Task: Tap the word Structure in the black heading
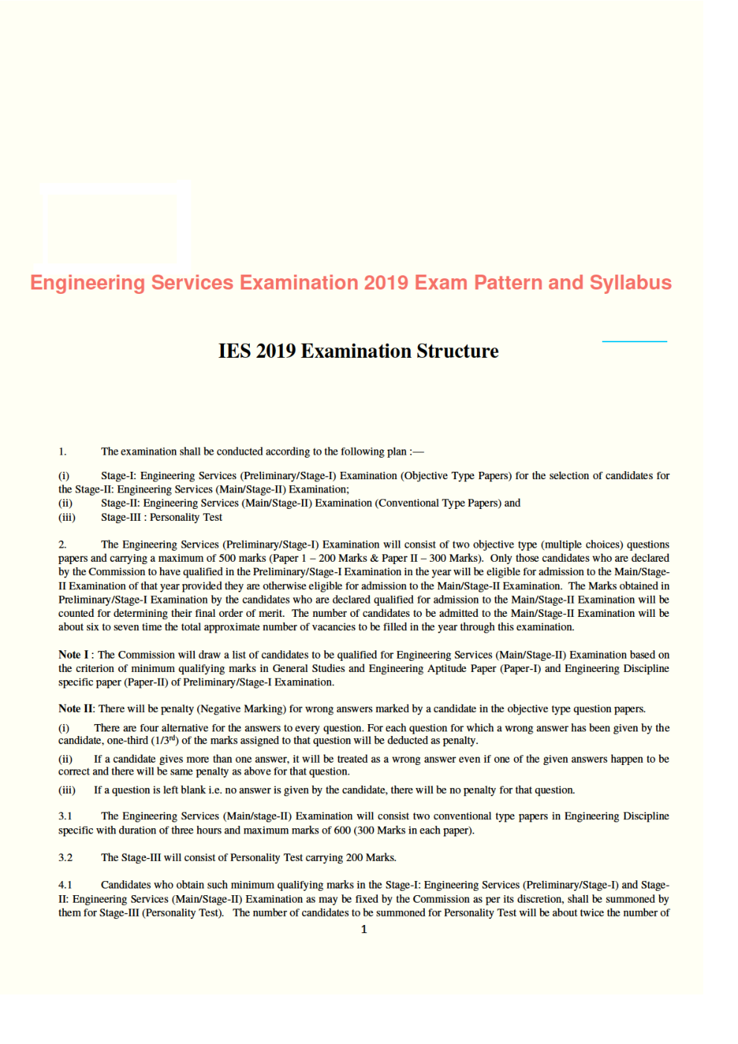(x=457, y=351)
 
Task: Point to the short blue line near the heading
(x=634, y=342)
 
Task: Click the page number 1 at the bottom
(x=364, y=929)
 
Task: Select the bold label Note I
(x=73, y=655)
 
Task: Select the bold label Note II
(x=76, y=709)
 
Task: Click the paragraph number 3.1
(x=65, y=816)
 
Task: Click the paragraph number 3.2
(x=65, y=858)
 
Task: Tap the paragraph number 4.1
(x=65, y=886)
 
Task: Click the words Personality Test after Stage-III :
(x=186, y=518)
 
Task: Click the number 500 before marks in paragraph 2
(x=206, y=559)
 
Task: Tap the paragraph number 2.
(x=62, y=545)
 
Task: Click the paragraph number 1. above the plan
(x=62, y=452)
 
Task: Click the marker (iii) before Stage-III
(x=67, y=518)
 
